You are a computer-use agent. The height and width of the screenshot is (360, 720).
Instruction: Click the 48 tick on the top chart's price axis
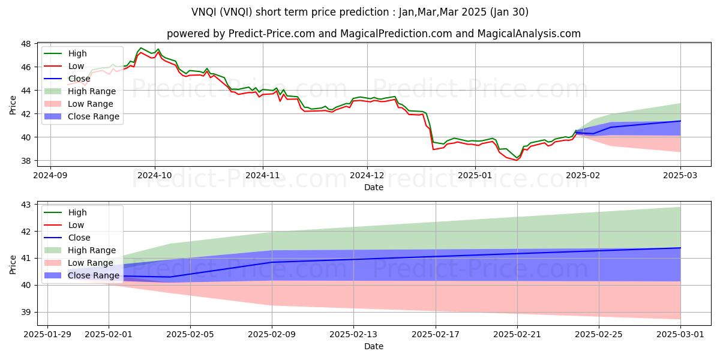click(26, 44)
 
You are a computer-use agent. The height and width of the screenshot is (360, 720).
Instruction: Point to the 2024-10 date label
click(155, 175)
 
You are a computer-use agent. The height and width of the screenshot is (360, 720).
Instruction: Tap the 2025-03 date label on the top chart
click(680, 175)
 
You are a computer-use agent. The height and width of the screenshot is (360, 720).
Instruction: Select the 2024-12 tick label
click(367, 175)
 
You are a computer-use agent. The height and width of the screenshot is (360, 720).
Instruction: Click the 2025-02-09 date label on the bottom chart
click(272, 335)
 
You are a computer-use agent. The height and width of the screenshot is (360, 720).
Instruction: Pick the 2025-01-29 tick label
click(47, 335)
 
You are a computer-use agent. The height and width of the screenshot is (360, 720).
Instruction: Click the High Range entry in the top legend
click(92, 91)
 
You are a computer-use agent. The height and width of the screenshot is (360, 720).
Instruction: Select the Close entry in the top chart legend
click(79, 79)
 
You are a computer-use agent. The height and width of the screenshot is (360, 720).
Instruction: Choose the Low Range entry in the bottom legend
click(91, 263)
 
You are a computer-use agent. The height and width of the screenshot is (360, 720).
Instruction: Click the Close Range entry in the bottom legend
click(93, 275)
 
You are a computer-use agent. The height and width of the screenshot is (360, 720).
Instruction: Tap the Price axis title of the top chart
click(13, 105)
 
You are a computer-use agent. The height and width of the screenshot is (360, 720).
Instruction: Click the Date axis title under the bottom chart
click(373, 346)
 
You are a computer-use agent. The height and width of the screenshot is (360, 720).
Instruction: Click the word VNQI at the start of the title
click(202, 12)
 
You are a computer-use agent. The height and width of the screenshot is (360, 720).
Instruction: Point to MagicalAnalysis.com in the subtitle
click(529, 34)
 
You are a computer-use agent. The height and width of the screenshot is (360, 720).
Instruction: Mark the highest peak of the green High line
click(140, 48)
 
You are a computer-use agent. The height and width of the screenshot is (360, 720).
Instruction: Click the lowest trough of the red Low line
click(517, 160)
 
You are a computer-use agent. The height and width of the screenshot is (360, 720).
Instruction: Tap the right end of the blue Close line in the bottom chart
click(680, 247)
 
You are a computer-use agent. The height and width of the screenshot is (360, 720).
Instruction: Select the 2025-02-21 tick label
click(517, 335)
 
